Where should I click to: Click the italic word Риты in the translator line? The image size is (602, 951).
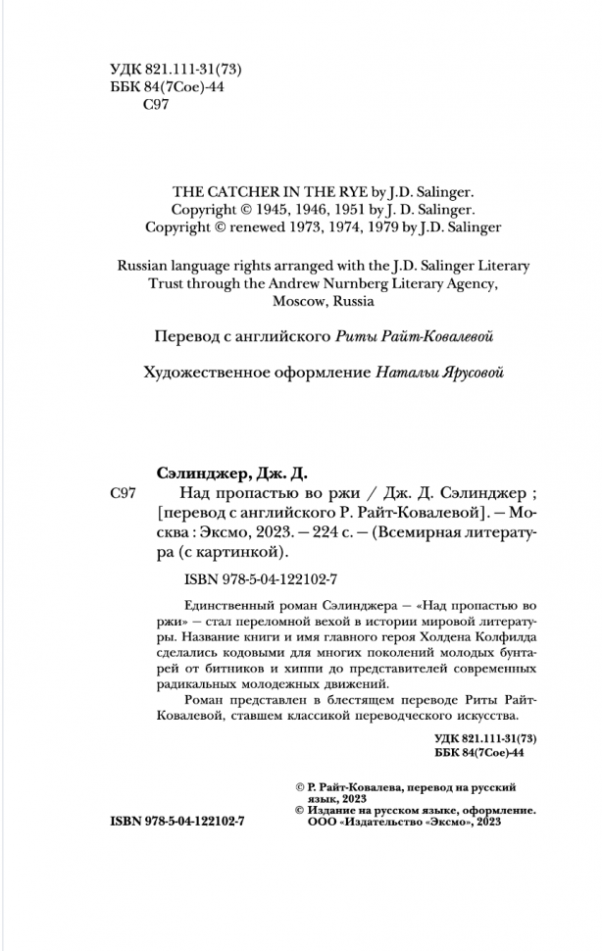(352, 336)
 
